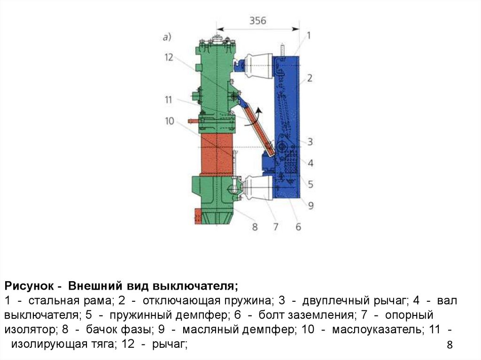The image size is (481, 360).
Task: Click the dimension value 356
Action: [x=257, y=21]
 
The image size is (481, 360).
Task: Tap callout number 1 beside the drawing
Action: [x=309, y=35]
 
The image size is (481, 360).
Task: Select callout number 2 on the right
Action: [x=310, y=77]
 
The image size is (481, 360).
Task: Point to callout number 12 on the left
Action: [x=169, y=57]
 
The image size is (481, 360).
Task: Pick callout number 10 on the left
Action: [x=169, y=121]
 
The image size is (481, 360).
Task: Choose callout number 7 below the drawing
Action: [x=276, y=227]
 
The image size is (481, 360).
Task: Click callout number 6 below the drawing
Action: [x=298, y=227]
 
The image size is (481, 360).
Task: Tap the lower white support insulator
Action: [x=255, y=186]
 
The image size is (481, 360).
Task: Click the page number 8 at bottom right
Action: [x=450, y=345]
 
